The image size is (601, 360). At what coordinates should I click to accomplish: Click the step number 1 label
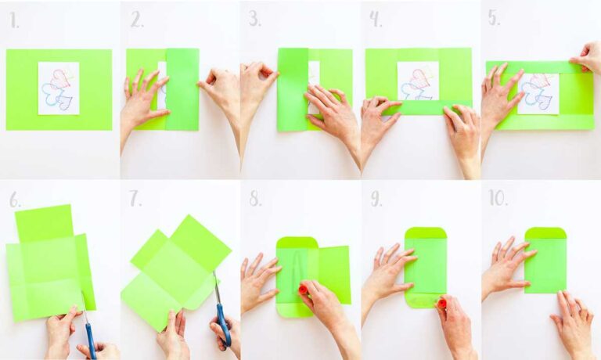(x=15, y=20)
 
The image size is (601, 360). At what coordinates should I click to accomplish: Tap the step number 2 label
(x=137, y=20)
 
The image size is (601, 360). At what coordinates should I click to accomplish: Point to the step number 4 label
(x=376, y=20)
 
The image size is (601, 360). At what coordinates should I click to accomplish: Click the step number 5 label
(x=495, y=19)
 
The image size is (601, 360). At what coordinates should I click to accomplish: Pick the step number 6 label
(x=16, y=200)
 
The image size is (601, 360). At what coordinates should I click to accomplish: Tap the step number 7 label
(x=137, y=200)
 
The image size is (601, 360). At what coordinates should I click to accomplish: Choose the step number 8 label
(x=256, y=200)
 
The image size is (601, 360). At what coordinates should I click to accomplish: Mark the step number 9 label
(x=376, y=200)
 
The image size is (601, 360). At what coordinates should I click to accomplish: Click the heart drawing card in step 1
(x=59, y=88)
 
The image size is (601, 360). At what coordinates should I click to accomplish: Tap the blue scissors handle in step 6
(x=91, y=340)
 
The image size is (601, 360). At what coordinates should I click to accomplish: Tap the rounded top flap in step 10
(x=545, y=233)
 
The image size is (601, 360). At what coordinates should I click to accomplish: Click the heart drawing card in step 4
(x=418, y=80)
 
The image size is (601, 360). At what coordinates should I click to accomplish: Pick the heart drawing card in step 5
(x=538, y=93)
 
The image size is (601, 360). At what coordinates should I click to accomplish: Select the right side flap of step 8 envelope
(x=335, y=274)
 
